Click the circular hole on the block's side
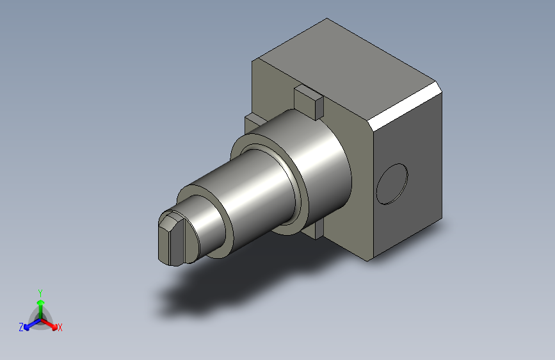pos(392,184)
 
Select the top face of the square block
pos(347,71)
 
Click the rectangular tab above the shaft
pos(309,101)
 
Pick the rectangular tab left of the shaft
pos(253,122)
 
